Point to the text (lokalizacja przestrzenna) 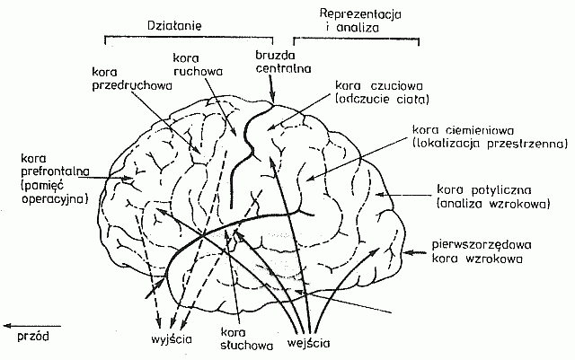click(x=488, y=143)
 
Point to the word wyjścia click(x=164, y=338)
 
